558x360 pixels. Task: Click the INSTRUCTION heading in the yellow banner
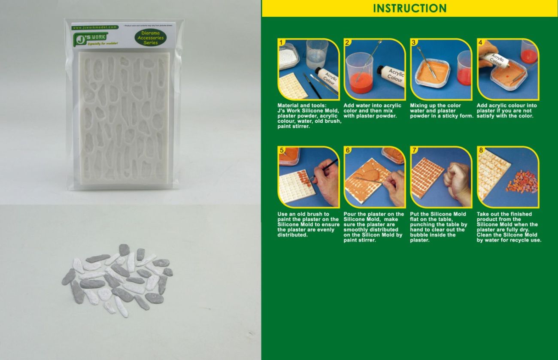pyautogui.click(x=409, y=8)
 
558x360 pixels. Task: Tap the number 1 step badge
pyautogui.click(x=281, y=42)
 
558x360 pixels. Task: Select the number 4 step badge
pyautogui.click(x=481, y=42)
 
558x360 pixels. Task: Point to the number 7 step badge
pyautogui.click(x=414, y=150)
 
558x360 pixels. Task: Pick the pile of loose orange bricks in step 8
pyautogui.click(x=522, y=182)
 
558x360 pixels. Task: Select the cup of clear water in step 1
pyautogui.click(x=317, y=54)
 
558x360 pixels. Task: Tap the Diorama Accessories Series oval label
pyautogui.click(x=148, y=38)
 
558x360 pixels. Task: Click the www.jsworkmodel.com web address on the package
pyautogui.click(x=95, y=27)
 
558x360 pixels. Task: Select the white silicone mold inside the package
pyautogui.click(x=124, y=118)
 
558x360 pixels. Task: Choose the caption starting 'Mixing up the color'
pyautogui.click(x=442, y=111)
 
